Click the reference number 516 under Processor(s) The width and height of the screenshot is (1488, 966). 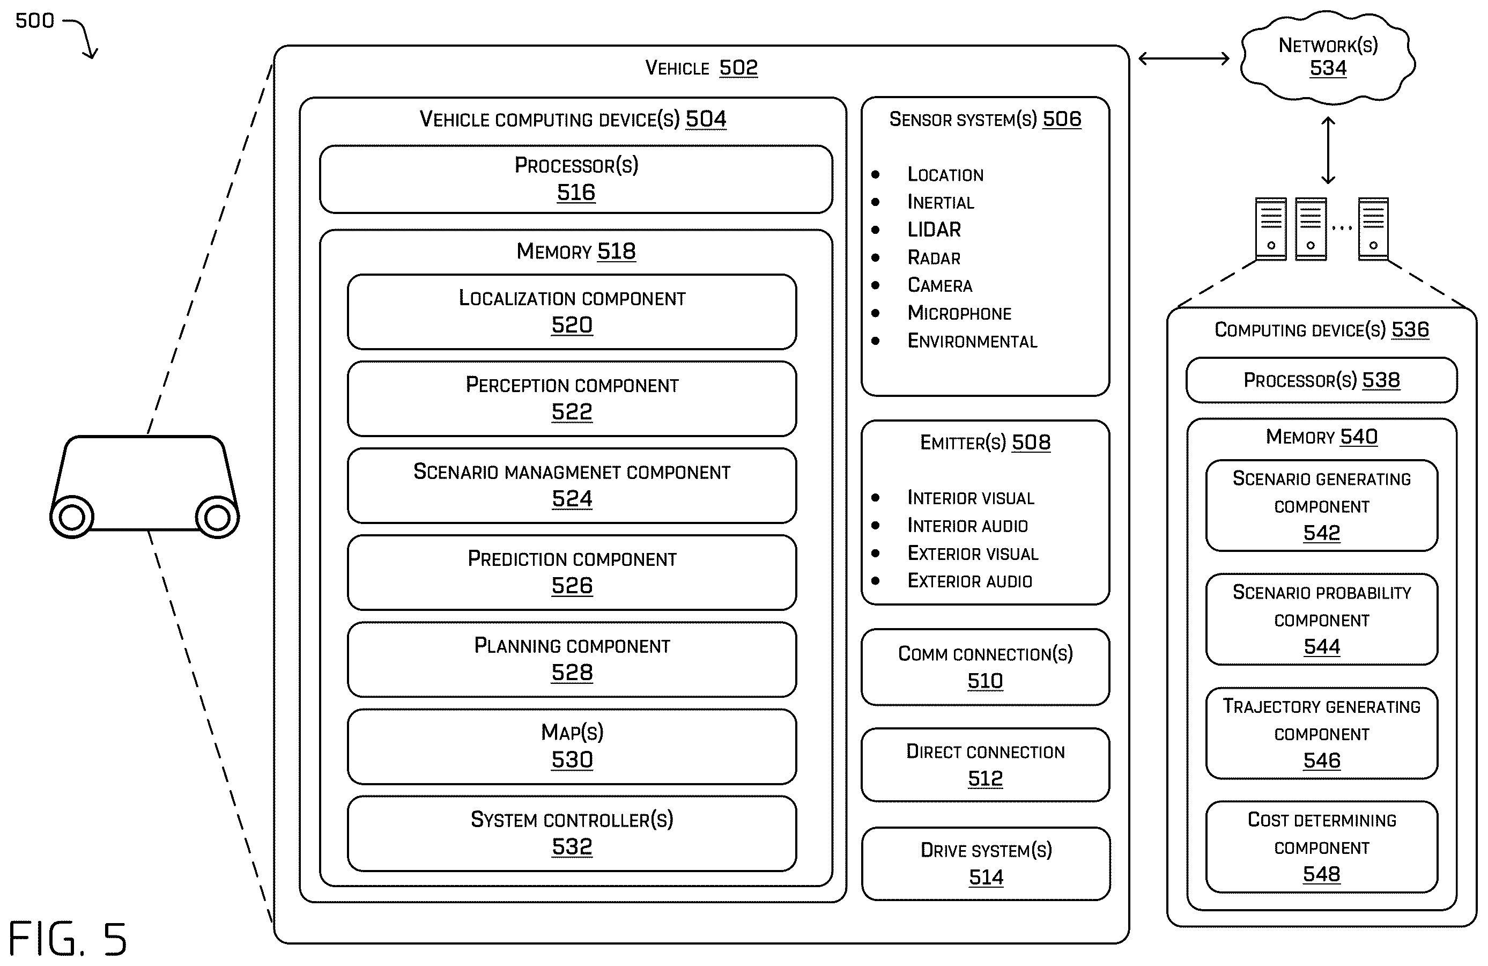[x=576, y=192]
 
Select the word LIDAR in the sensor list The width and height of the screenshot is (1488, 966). [x=934, y=230]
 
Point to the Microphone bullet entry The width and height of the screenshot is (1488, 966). [x=959, y=313]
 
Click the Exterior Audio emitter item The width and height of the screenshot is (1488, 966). [x=969, y=581]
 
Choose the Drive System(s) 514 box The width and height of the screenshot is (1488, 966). [x=986, y=864]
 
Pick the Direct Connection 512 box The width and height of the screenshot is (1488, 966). [x=986, y=765]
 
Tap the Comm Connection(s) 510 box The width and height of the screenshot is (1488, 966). [x=986, y=667]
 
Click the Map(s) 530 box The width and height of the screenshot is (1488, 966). [x=572, y=747]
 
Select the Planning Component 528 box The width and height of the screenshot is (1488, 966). [x=572, y=660]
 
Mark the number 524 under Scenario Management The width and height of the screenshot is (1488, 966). [x=572, y=499]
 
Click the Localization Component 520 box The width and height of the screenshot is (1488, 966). [x=572, y=312]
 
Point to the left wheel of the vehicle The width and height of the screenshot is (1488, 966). [x=72, y=517]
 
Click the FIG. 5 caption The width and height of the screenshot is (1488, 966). [x=68, y=939]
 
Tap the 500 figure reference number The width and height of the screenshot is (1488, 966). [x=35, y=20]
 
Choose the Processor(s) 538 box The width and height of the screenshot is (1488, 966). [x=1322, y=380]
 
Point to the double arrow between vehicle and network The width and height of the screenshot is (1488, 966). [x=1184, y=59]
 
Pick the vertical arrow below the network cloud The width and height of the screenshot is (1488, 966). [x=1328, y=150]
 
